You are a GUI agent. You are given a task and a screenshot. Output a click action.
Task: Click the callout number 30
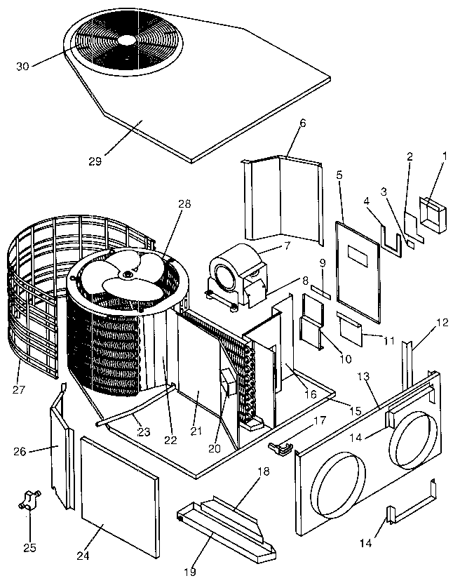(x=22, y=66)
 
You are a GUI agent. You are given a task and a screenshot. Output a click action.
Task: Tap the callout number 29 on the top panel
(x=96, y=161)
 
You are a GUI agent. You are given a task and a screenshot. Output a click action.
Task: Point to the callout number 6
(x=302, y=123)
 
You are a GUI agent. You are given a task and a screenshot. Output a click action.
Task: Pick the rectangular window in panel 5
(x=358, y=257)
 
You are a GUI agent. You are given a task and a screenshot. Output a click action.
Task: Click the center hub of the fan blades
(x=126, y=276)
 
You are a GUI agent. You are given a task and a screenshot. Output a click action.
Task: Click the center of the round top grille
(x=125, y=41)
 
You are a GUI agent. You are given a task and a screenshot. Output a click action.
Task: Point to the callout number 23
(x=144, y=432)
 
